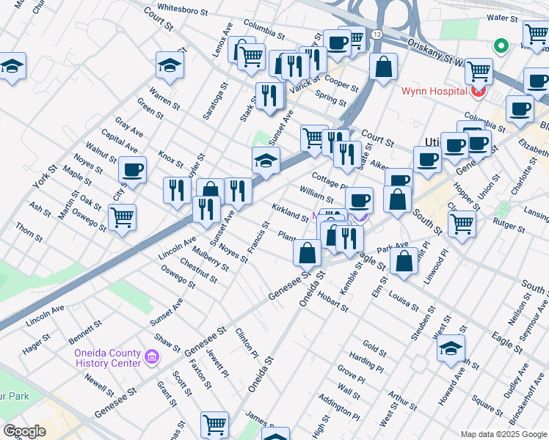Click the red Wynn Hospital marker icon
pos(479,92)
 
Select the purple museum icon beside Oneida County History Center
pos(152,357)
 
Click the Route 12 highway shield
pos(376,34)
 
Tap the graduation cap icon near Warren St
pos(170,67)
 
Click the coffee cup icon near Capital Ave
pos(133,169)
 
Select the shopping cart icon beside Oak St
pos(122,216)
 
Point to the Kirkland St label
pos(289,213)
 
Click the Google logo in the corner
pos(24,430)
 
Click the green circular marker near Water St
pos(501,46)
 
